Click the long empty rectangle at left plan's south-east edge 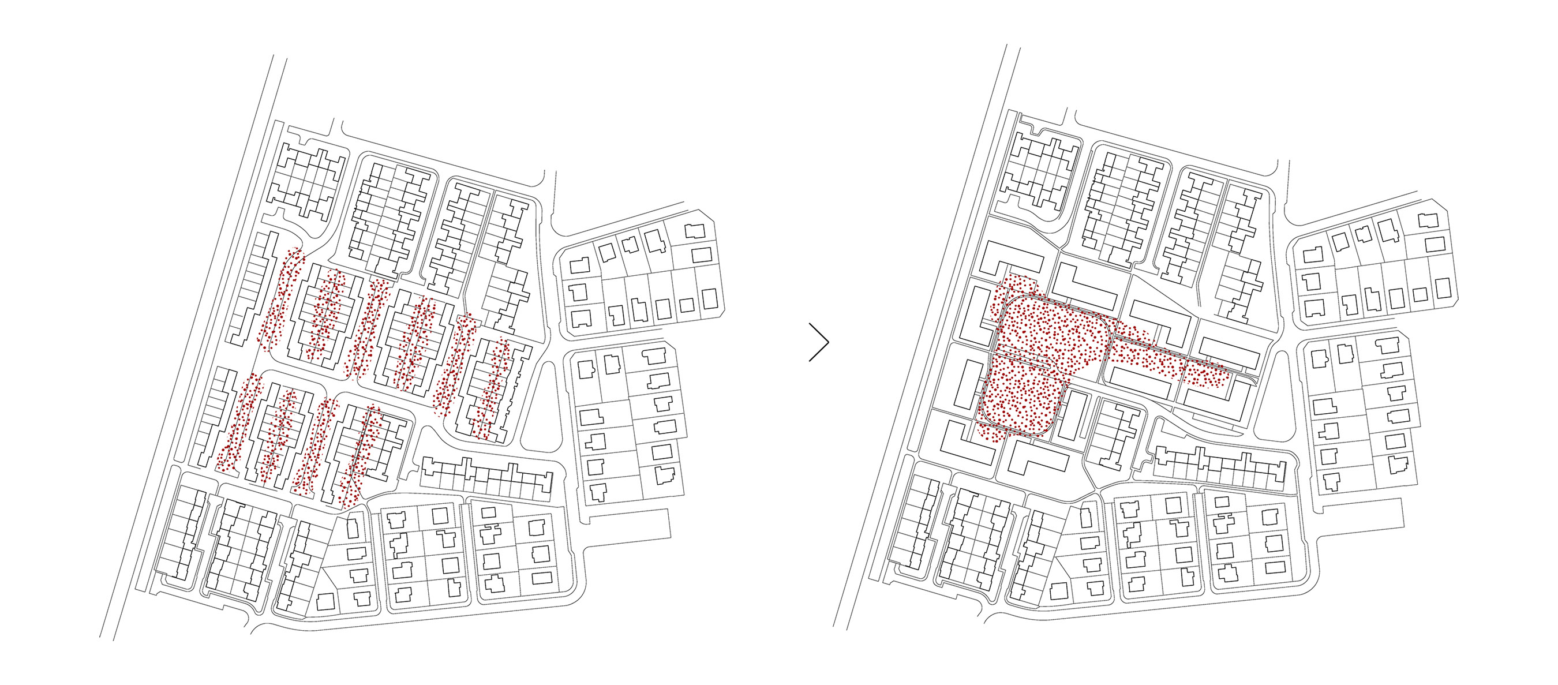pos(629,526)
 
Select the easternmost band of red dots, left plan pos(493,387)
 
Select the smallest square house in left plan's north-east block pos(687,304)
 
